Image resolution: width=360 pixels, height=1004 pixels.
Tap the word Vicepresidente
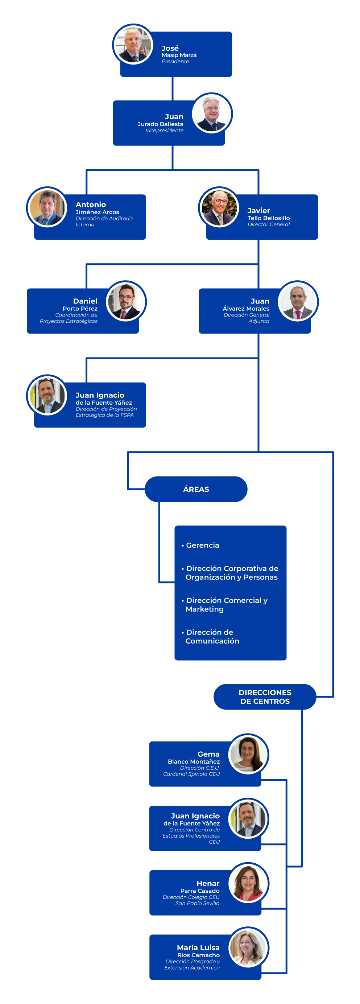165,131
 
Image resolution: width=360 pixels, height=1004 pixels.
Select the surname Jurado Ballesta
161,124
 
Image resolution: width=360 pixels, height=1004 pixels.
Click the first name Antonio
91,204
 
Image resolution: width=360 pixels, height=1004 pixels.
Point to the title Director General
268,224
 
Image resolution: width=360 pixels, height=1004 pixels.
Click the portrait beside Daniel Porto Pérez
126,301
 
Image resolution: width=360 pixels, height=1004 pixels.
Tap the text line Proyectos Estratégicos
69,321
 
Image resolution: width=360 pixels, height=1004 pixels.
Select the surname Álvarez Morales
246,309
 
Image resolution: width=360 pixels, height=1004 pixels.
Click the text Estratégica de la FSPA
104,415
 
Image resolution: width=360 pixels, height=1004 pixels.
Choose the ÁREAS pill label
196,489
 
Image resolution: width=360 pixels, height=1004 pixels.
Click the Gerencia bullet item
200,545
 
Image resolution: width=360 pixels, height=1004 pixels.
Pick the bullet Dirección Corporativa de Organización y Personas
230,573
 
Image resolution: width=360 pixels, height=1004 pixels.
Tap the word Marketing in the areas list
204,609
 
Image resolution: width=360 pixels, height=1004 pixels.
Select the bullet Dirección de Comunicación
210,636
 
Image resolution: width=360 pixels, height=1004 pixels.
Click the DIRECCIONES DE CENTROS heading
265,697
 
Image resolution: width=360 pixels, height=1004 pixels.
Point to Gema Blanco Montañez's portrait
248,754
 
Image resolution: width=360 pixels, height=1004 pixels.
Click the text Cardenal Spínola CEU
191,774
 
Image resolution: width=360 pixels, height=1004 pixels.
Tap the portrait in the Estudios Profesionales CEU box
248,818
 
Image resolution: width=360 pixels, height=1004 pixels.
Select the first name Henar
208,884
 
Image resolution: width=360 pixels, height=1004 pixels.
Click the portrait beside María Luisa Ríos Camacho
248,947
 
